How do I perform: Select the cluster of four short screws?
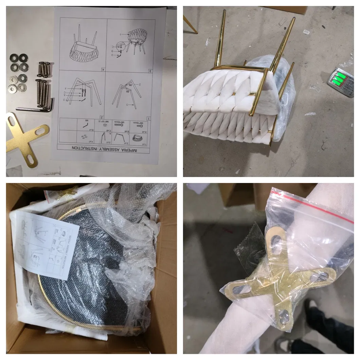[44, 69]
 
